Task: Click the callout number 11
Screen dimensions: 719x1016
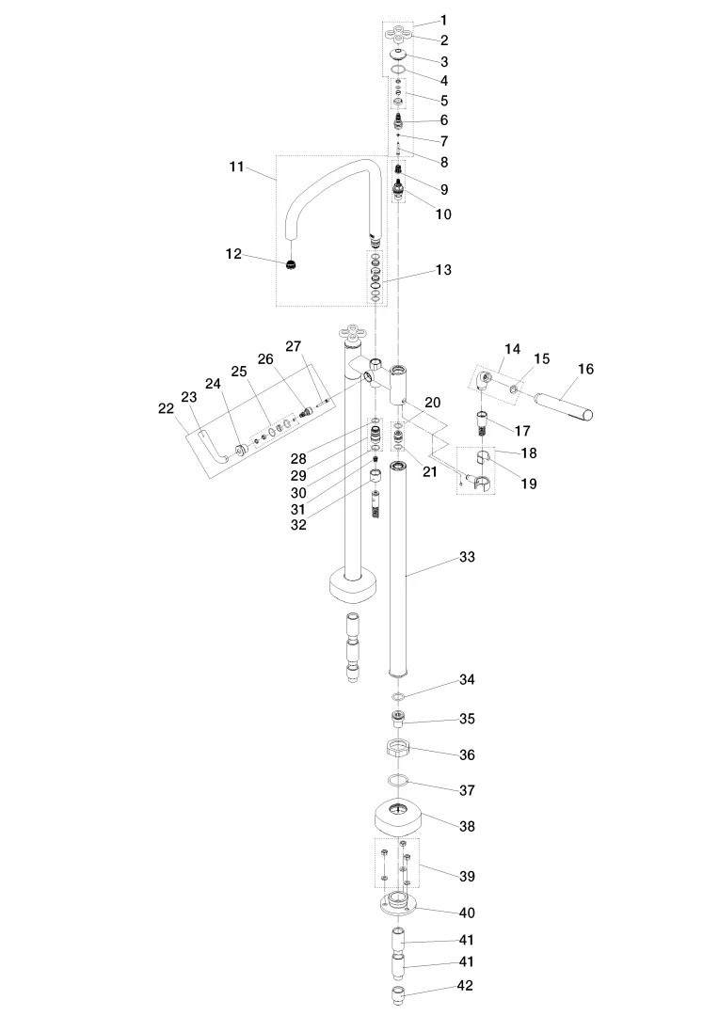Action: tap(236, 167)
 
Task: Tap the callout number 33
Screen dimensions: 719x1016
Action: tap(467, 557)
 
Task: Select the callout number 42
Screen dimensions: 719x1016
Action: tap(465, 986)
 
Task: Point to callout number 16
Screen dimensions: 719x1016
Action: tap(585, 369)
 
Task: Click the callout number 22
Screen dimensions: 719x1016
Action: tap(166, 408)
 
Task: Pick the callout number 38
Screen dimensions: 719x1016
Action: tap(467, 826)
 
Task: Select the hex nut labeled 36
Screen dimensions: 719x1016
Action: tap(398, 749)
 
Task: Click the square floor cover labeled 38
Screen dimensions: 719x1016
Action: tap(399, 818)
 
